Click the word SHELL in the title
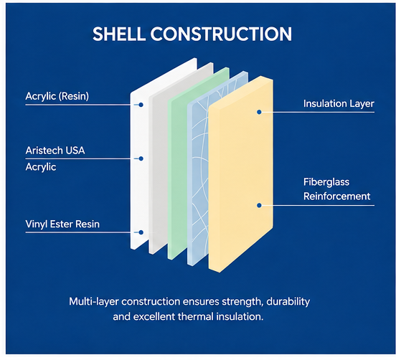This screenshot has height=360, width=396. (119, 34)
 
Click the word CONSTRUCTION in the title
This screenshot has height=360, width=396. (221, 34)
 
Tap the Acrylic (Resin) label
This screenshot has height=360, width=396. (57, 96)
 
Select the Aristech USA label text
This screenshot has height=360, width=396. (55, 151)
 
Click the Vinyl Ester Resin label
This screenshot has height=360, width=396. (62, 224)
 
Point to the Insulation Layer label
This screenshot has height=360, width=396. (339, 104)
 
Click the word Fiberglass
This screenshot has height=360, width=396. (326, 182)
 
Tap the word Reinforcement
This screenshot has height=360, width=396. (336, 196)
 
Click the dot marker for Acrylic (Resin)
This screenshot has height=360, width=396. (141, 105)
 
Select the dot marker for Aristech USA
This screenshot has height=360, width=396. (141, 158)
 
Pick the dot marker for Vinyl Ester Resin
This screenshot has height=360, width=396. (141, 232)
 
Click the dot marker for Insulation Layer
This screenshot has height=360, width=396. (259, 112)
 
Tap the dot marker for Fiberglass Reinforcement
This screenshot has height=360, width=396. (259, 206)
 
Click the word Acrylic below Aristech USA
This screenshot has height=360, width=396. (41, 167)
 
